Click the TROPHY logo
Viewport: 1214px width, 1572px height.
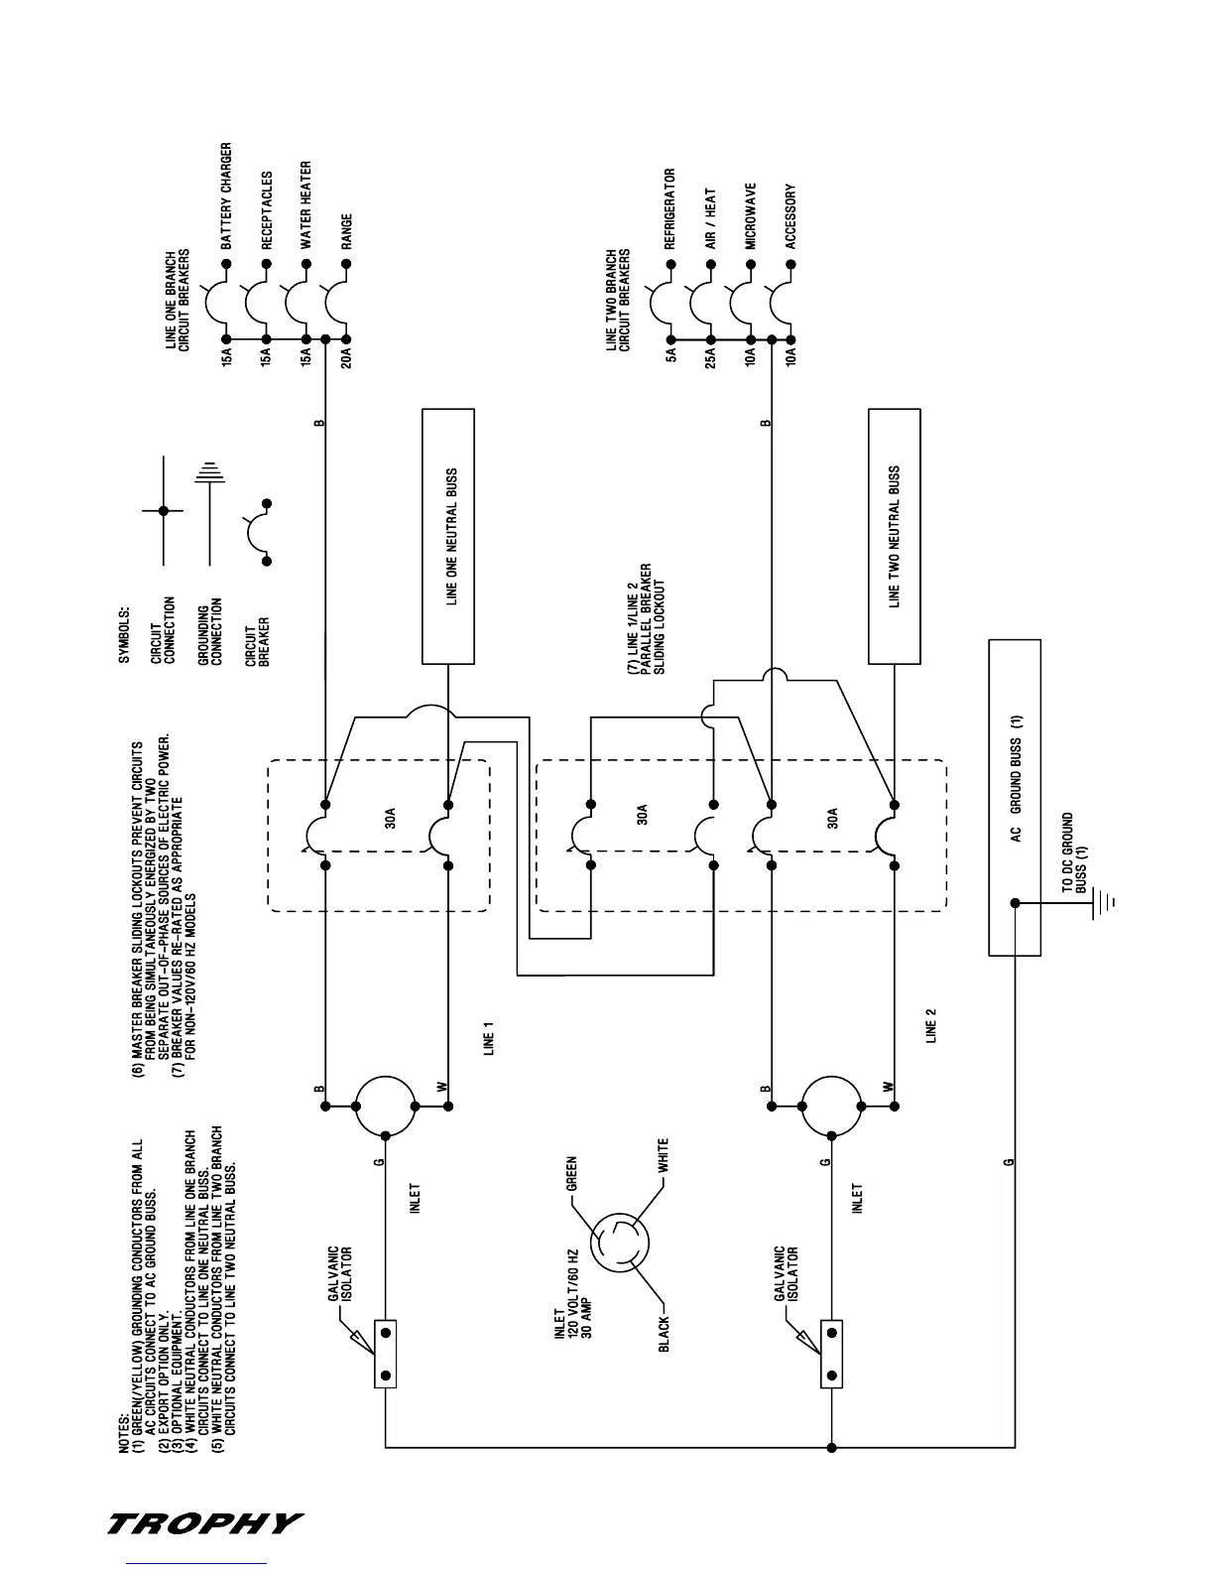(x=204, y=1523)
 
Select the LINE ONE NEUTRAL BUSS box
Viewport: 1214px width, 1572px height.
(x=448, y=536)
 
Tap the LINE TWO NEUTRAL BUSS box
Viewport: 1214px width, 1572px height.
(x=894, y=536)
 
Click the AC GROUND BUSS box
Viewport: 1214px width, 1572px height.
(x=1015, y=797)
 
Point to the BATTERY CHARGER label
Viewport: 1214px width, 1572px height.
(x=226, y=196)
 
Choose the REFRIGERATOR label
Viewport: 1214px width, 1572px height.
(x=670, y=208)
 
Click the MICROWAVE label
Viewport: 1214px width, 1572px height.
(x=751, y=215)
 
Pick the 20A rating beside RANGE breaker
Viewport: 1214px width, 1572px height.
(x=346, y=353)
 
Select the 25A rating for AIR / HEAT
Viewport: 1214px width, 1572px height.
(x=711, y=353)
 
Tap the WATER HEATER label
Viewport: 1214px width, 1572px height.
(x=306, y=204)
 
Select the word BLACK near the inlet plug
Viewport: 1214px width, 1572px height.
(x=664, y=1333)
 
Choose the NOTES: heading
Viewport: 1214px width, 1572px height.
(x=125, y=1433)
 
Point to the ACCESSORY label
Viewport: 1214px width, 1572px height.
(x=790, y=216)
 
